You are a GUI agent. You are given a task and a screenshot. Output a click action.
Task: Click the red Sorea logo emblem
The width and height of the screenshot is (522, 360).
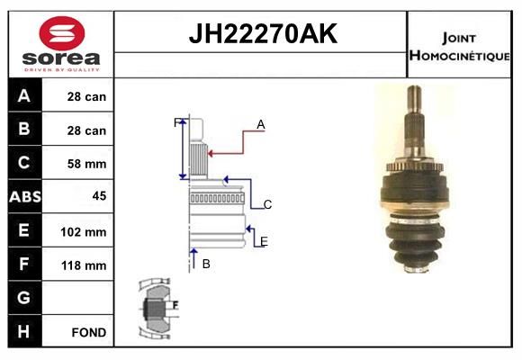(x=62, y=33)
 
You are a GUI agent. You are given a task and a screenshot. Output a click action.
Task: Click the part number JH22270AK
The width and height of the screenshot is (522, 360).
(x=263, y=33)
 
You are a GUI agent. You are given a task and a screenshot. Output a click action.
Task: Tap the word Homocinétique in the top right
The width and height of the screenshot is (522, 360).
(x=459, y=56)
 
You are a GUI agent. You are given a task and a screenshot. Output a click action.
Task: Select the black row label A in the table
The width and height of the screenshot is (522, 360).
(x=24, y=96)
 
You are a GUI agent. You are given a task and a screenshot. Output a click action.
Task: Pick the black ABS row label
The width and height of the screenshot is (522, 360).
(x=25, y=197)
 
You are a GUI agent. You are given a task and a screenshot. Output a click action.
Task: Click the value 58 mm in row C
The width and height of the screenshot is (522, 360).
(x=87, y=164)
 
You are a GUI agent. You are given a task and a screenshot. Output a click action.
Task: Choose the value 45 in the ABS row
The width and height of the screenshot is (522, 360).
(x=100, y=196)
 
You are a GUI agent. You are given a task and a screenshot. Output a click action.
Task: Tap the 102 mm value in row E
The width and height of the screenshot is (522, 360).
(x=84, y=232)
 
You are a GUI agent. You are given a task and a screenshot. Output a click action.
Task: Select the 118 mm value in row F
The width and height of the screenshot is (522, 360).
(x=84, y=265)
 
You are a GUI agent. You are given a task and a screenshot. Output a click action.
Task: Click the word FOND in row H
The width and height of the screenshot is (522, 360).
(x=89, y=332)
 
